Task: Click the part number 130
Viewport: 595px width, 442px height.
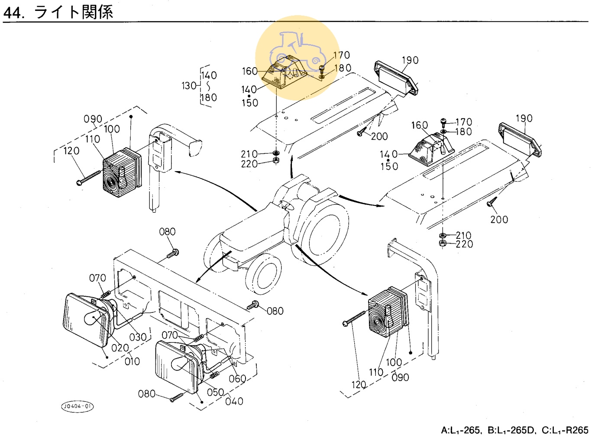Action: point(189,86)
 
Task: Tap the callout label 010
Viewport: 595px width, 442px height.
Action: point(132,361)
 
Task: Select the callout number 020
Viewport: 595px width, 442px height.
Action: point(120,348)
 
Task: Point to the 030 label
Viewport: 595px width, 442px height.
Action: point(138,337)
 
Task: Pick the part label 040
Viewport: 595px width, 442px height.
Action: point(234,401)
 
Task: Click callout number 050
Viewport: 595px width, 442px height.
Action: point(215,392)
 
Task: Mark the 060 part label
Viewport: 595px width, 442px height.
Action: point(237,379)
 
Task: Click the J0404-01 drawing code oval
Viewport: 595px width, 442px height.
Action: point(77,406)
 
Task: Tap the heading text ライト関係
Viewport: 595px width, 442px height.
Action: point(74,12)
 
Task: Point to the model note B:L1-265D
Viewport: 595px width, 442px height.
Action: point(511,430)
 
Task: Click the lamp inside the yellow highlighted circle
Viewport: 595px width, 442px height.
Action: point(284,73)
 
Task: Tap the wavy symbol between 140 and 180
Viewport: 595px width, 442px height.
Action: point(208,86)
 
